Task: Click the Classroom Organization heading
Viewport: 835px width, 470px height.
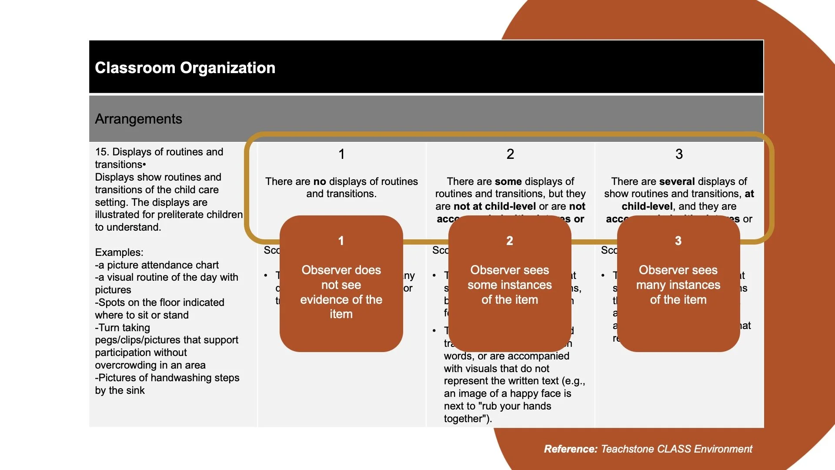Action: click(185, 68)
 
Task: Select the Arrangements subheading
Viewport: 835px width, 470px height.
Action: click(138, 119)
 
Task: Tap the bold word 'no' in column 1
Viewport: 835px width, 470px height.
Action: click(320, 181)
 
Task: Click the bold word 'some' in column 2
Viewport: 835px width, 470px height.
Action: click(504, 181)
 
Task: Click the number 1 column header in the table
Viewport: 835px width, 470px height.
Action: click(342, 154)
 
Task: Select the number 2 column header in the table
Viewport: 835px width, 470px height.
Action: click(510, 154)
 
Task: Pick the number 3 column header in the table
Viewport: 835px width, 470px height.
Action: click(679, 154)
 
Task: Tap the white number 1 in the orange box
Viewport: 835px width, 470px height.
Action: click(341, 241)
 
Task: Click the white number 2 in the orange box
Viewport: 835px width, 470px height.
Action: click(510, 241)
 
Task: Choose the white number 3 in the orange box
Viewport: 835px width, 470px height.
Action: click(678, 241)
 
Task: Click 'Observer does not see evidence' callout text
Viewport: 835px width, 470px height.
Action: click(341, 292)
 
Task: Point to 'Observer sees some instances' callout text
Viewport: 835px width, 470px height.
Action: click(510, 285)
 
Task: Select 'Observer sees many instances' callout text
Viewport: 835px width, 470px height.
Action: click(678, 285)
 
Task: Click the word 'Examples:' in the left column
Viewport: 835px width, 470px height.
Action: click(119, 252)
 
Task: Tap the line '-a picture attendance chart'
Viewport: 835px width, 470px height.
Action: click(157, 265)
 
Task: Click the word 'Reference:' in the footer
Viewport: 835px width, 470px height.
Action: click(571, 449)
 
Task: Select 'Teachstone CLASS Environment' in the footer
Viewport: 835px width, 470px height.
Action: click(676, 449)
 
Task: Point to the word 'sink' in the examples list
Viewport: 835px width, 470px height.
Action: click(136, 390)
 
